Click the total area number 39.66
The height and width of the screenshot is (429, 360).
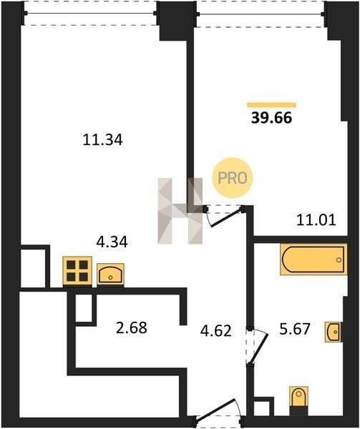tap(271, 118)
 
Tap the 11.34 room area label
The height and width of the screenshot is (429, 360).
tap(102, 140)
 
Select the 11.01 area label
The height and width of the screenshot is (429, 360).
tap(316, 220)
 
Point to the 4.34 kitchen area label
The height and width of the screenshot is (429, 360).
tap(112, 242)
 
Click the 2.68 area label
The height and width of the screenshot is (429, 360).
tap(132, 327)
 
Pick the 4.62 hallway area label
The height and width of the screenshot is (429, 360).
tap(216, 330)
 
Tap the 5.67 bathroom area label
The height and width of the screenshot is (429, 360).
tap(295, 329)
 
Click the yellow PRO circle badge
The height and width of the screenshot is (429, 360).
tap(233, 178)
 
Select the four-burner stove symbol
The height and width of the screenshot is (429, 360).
tap(77, 271)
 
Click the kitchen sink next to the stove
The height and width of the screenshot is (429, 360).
tap(110, 275)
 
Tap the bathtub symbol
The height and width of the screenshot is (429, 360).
tap(313, 259)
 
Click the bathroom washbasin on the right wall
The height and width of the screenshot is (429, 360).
tap(334, 332)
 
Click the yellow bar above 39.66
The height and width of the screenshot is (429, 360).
tap(271, 105)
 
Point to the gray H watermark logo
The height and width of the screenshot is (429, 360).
tap(180, 211)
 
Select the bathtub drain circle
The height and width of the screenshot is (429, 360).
tap(339, 260)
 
